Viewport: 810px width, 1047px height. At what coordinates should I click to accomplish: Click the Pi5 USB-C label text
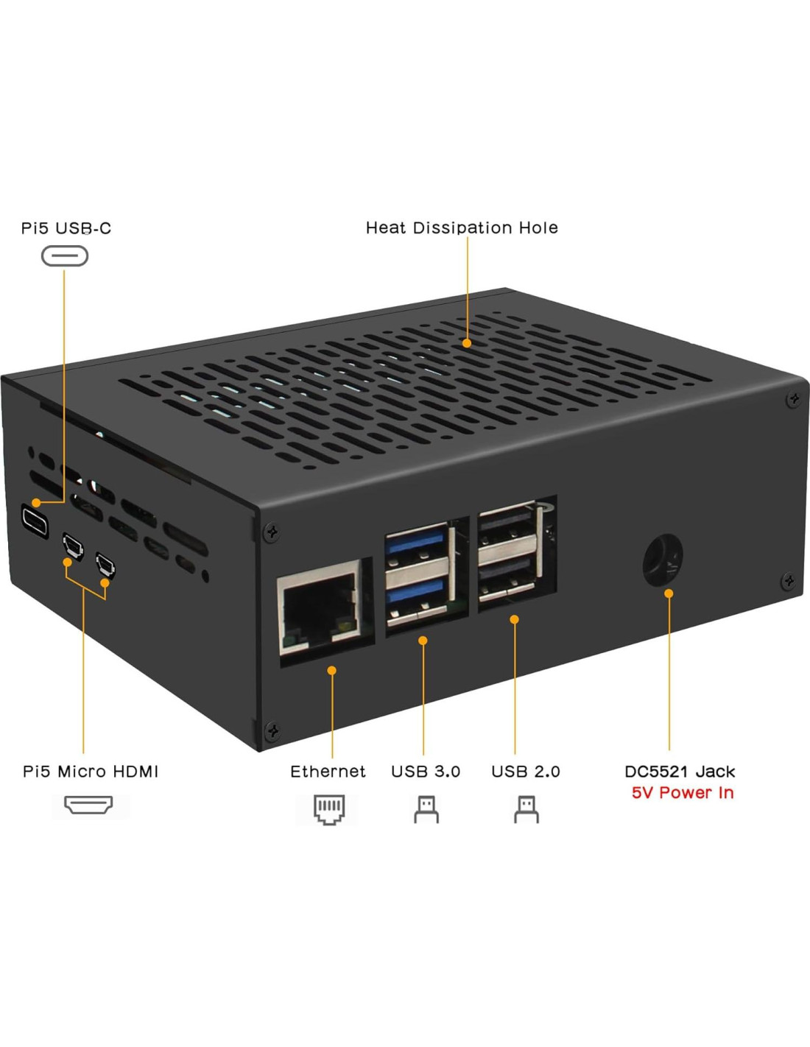[x=66, y=228]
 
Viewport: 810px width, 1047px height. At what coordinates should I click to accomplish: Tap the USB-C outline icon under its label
[x=65, y=256]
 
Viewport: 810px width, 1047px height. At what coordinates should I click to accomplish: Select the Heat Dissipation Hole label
[x=462, y=228]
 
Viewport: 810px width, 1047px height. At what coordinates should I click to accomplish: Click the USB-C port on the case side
[x=35, y=521]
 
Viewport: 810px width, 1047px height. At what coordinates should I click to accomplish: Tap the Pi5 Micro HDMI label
[x=91, y=772]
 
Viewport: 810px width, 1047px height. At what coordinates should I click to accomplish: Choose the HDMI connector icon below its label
[x=88, y=805]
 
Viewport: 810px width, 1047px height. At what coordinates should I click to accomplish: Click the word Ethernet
[x=328, y=772]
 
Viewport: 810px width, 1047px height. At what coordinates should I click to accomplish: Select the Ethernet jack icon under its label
[x=328, y=809]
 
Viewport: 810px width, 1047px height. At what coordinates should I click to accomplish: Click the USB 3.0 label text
[x=426, y=772]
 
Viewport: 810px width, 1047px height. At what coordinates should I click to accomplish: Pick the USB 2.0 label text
[x=526, y=772]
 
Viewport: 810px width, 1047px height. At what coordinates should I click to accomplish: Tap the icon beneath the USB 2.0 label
[x=526, y=809]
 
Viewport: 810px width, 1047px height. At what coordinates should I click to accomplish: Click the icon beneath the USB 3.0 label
[x=426, y=809]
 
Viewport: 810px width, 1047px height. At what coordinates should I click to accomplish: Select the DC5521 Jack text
[x=680, y=772]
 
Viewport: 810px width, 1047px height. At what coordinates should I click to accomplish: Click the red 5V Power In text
[x=683, y=793]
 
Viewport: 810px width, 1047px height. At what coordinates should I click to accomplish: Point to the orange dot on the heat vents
[x=467, y=343]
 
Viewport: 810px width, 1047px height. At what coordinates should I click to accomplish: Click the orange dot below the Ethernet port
[x=332, y=670]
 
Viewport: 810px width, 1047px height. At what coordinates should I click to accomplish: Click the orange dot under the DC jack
[x=669, y=593]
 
